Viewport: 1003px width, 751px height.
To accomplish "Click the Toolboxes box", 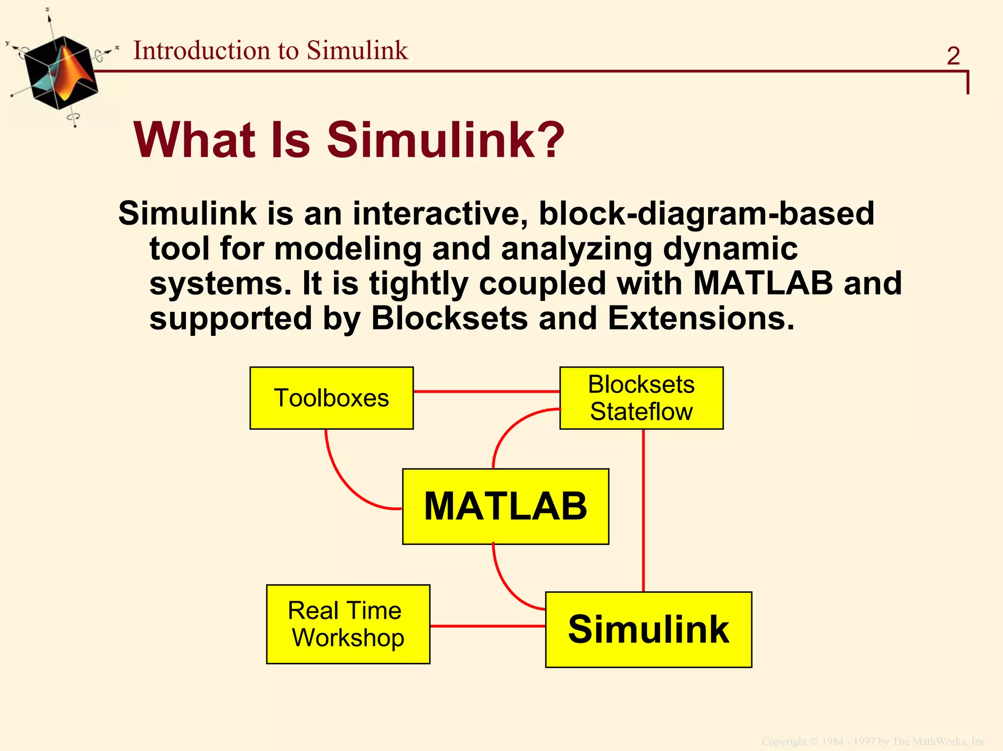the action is click(x=332, y=398).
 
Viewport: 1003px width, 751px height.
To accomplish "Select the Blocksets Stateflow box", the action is click(x=641, y=398).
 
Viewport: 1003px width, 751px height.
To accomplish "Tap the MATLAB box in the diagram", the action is click(x=505, y=506).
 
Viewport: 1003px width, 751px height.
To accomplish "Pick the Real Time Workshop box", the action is click(x=348, y=624).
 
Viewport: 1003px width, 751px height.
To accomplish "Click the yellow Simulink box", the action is click(x=648, y=630).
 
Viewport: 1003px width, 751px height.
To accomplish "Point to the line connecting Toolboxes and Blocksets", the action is click(x=486, y=392).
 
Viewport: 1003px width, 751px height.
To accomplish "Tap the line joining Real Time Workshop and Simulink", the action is click(x=487, y=626).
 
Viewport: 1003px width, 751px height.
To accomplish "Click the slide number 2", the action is click(x=953, y=56).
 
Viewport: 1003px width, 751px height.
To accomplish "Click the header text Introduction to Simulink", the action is click(x=270, y=50).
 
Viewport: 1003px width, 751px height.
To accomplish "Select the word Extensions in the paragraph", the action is click(x=700, y=319).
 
